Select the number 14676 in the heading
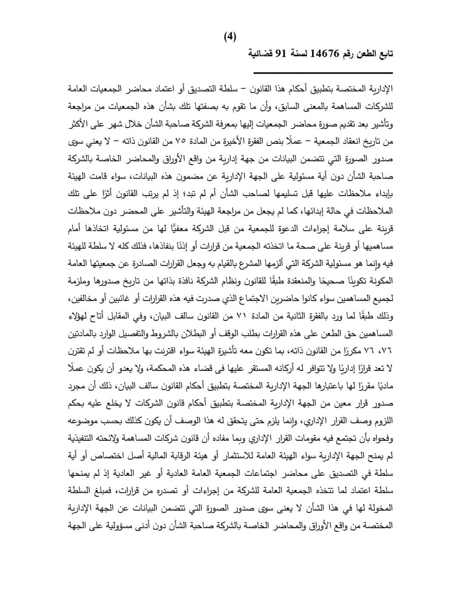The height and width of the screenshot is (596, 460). [325, 54]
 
